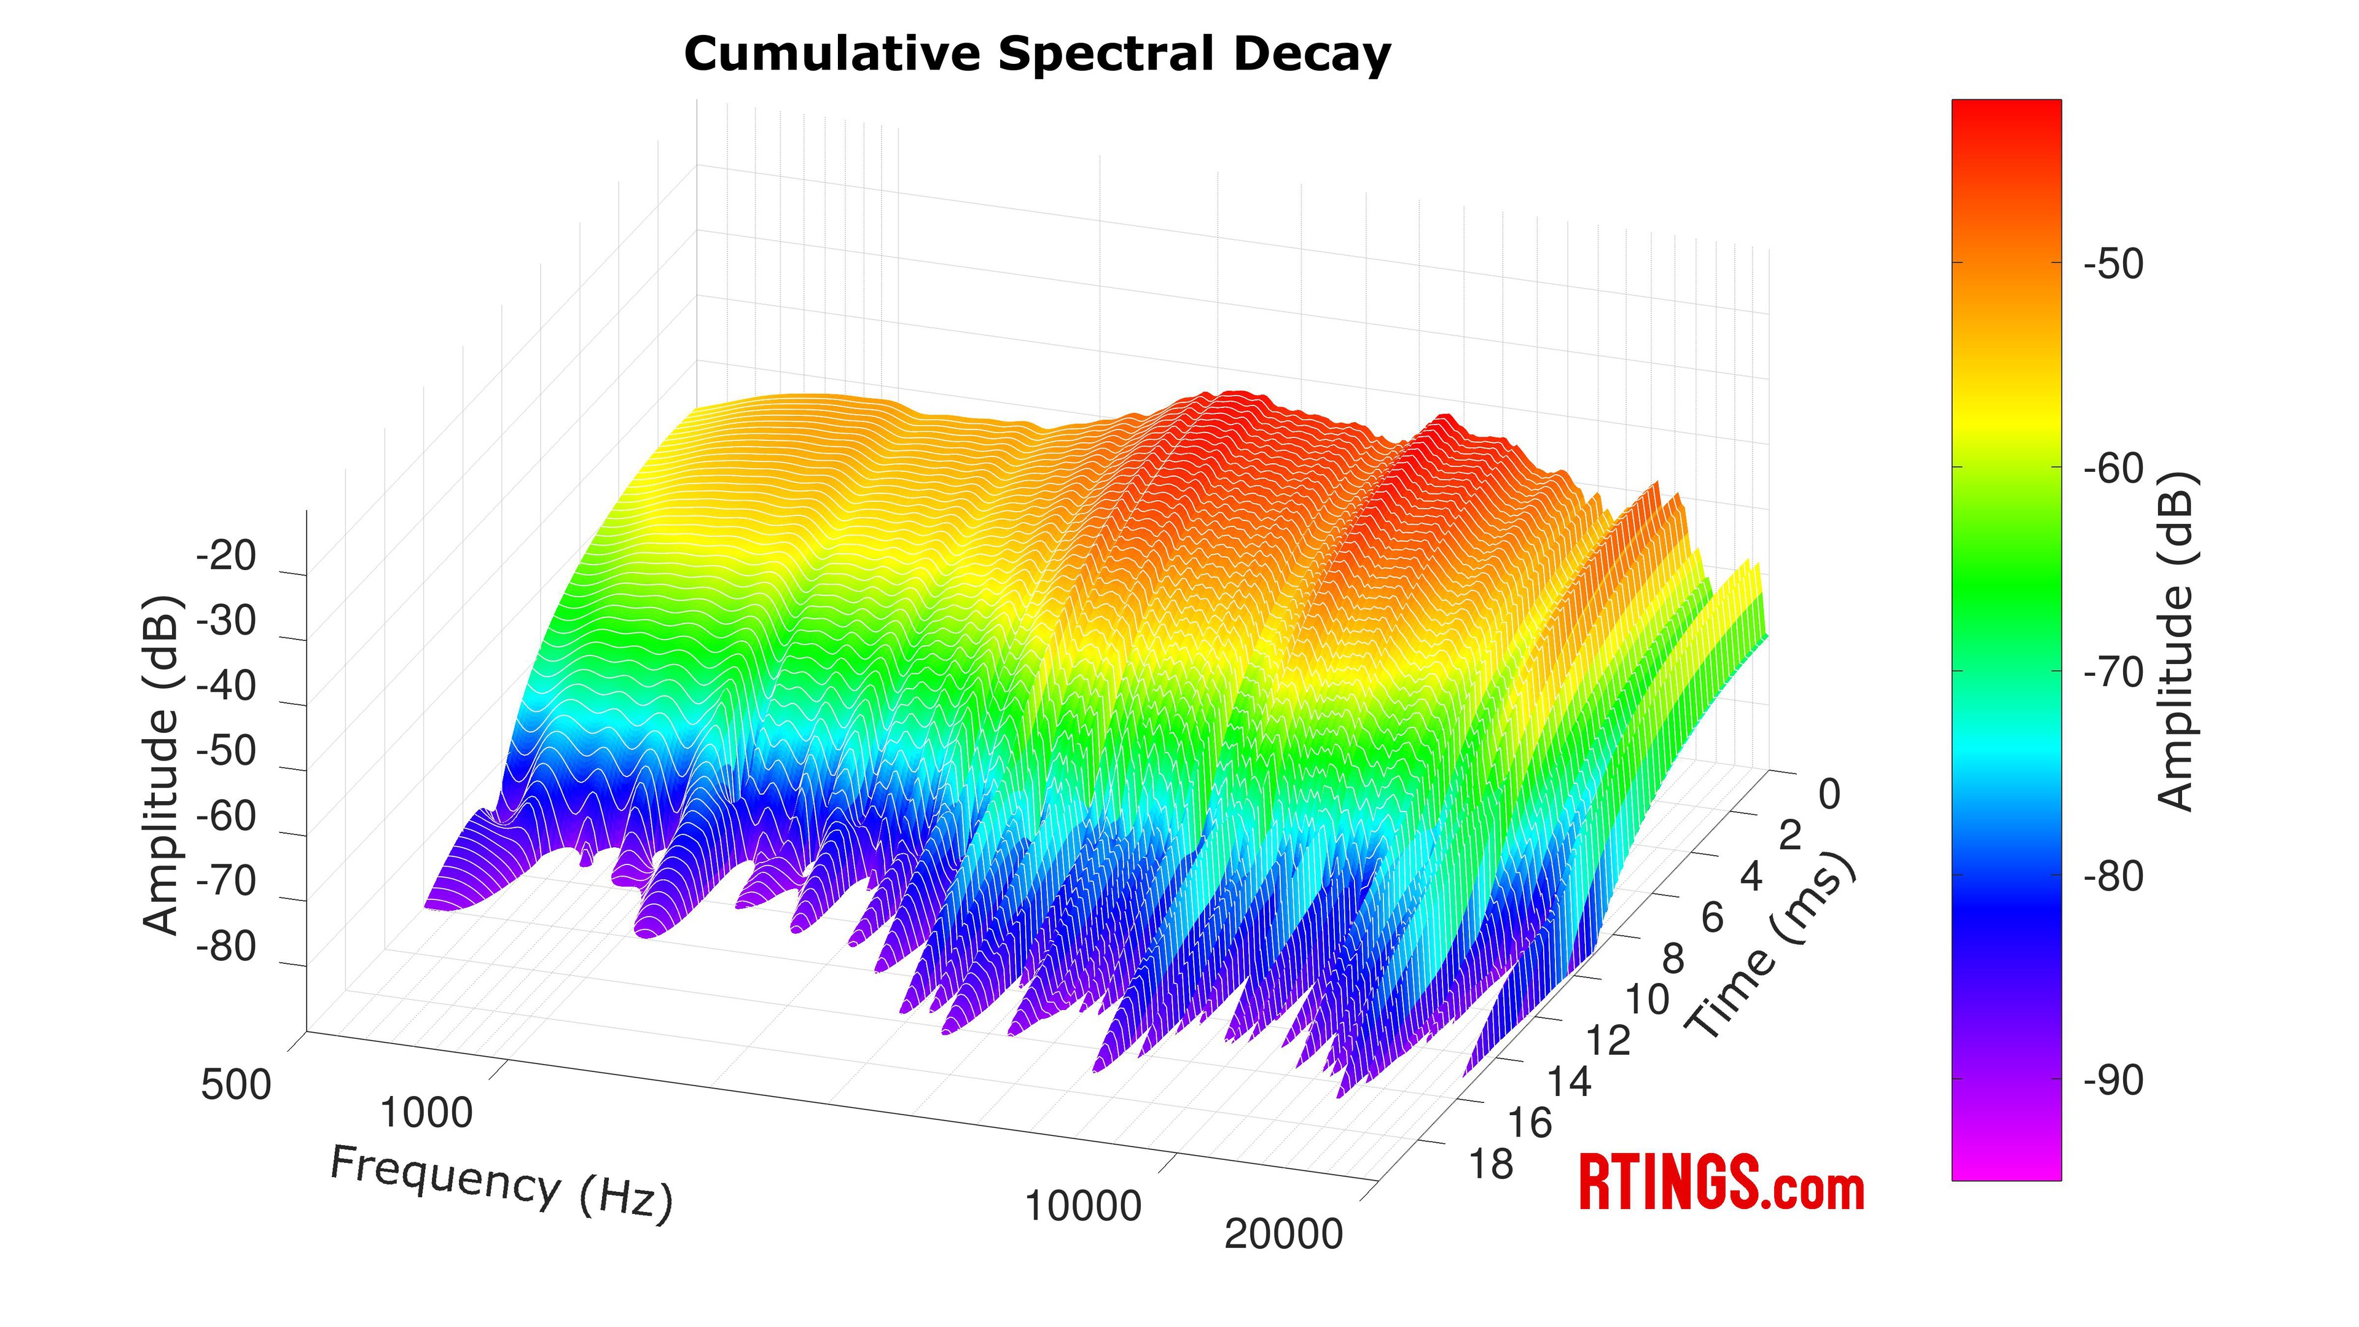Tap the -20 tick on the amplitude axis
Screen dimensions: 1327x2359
226,556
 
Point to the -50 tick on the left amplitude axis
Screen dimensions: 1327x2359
226,751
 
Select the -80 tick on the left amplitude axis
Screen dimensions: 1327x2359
226,946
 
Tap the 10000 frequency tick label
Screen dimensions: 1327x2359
1083,1206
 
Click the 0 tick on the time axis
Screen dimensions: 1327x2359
1829,794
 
